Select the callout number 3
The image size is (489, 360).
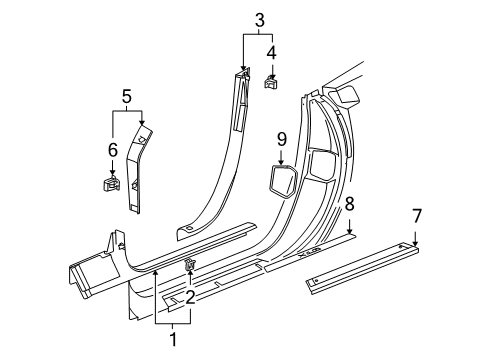pyautogui.click(x=259, y=19)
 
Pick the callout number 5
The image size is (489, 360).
pyautogui.click(x=127, y=97)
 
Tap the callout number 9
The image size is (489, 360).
pyautogui.click(x=282, y=137)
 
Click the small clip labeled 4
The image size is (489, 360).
pyautogui.click(x=270, y=82)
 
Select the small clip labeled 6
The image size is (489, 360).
pyautogui.click(x=112, y=183)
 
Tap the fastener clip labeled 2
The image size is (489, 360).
pyautogui.click(x=189, y=264)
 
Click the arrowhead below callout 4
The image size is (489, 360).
pyautogui.click(x=270, y=71)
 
